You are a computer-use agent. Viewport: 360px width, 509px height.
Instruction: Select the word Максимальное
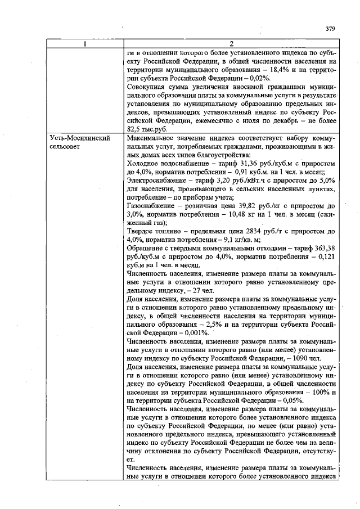coord(154,138)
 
